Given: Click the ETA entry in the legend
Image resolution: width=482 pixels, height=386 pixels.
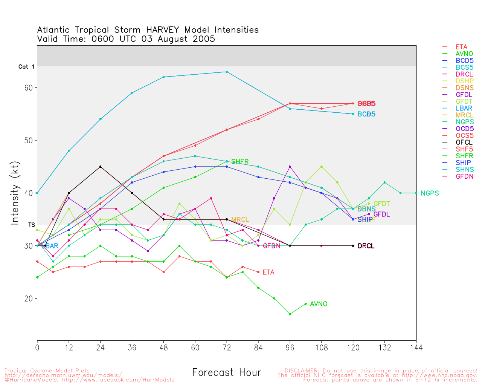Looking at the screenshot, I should (x=461, y=47).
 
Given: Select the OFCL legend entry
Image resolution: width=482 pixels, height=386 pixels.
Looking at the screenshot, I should (x=464, y=142).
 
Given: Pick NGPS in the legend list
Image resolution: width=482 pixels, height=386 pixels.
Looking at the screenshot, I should (x=465, y=122).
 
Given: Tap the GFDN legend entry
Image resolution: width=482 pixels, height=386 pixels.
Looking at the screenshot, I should (x=464, y=176).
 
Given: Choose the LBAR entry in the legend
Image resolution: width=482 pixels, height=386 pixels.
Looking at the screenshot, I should (x=464, y=109).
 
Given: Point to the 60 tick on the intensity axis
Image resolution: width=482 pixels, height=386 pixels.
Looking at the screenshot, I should (x=29, y=87).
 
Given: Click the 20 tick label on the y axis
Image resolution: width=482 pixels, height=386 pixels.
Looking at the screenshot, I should (x=29, y=299).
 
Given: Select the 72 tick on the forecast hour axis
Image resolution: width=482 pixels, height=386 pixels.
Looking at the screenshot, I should (x=227, y=347).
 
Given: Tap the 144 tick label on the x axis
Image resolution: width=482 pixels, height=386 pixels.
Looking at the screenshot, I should (x=416, y=347).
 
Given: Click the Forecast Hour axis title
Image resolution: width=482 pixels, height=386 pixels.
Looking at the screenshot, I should (x=226, y=373).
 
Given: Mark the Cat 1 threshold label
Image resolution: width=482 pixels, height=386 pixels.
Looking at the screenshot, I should (x=26, y=67).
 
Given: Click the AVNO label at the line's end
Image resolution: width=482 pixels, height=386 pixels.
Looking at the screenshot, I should (x=319, y=304).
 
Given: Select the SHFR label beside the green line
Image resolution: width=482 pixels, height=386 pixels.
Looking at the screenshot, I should (x=240, y=162).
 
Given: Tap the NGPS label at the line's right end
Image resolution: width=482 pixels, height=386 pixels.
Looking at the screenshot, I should (x=430, y=193).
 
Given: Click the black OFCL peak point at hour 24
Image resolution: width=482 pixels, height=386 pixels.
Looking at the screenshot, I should (x=100, y=167).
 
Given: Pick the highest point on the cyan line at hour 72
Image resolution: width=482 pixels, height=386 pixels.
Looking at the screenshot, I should (x=227, y=72).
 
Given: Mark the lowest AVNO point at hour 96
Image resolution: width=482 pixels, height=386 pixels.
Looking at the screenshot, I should (x=290, y=314).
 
